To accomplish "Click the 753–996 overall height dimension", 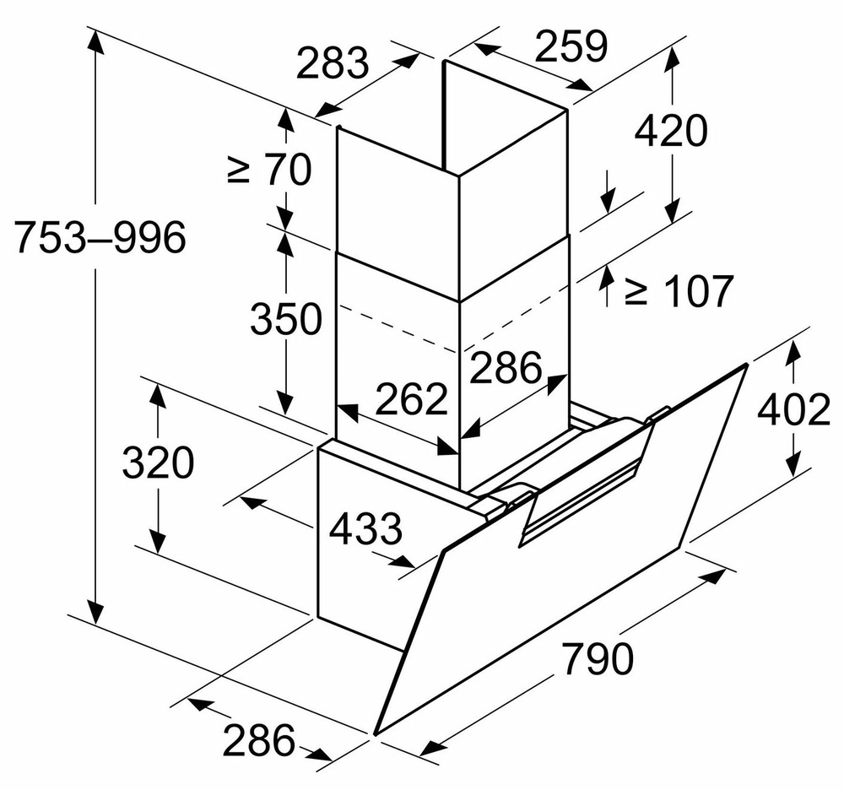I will pos(100,239).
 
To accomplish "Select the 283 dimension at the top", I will pos(333,64).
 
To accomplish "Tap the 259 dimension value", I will pos(571,47).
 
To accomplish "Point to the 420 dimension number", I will pos(670,131).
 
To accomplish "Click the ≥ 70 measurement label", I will pos(268,170).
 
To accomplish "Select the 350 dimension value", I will pos(286,319).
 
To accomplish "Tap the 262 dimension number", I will pos(410,399).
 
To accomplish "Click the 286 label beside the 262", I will pos(505,368).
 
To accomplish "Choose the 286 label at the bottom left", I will pos(259,740).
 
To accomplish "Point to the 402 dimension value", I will pos(793,411).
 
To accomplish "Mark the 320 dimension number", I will pos(158,463).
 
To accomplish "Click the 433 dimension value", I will pos(365,530).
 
